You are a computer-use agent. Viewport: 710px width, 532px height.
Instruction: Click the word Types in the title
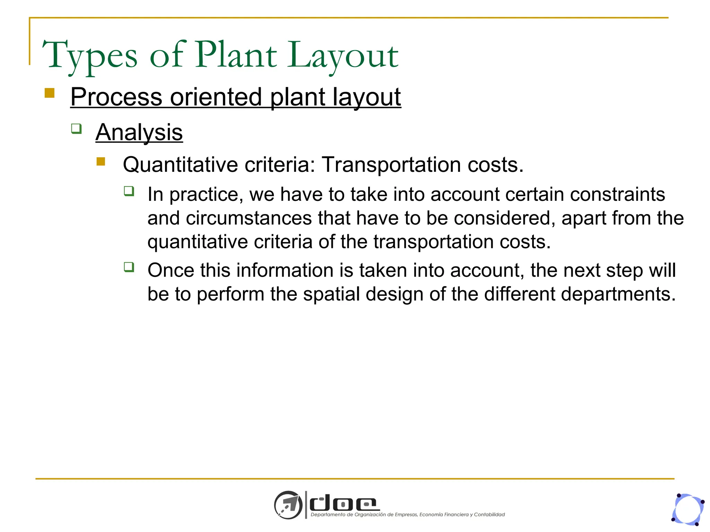click(89, 55)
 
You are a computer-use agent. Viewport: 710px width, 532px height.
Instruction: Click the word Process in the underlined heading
click(116, 97)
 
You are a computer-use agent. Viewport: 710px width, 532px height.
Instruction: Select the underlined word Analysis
click(139, 132)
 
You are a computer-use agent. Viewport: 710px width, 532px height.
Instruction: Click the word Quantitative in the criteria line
click(180, 165)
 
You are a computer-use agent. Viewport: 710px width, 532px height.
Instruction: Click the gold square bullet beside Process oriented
click(50, 93)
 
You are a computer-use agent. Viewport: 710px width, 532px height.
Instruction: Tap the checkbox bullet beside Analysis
click(76, 128)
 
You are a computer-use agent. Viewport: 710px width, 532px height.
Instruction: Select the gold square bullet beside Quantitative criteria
click(101, 161)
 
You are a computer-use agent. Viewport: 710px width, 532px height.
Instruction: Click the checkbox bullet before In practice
click(129, 191)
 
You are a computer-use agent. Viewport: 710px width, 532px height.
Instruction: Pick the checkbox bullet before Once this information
click(129, 267)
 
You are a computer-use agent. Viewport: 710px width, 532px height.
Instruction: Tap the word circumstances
click(249, 218)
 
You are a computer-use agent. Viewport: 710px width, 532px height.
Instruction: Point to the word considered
click(504, 218)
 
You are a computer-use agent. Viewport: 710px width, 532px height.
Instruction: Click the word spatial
click(331, 294)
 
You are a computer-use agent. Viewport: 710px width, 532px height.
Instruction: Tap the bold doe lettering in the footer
click(343, 503)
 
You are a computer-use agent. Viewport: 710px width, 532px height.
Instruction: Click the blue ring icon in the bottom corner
click(688, 509)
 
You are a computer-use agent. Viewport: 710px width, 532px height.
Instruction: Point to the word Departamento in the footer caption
click(328, 515)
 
